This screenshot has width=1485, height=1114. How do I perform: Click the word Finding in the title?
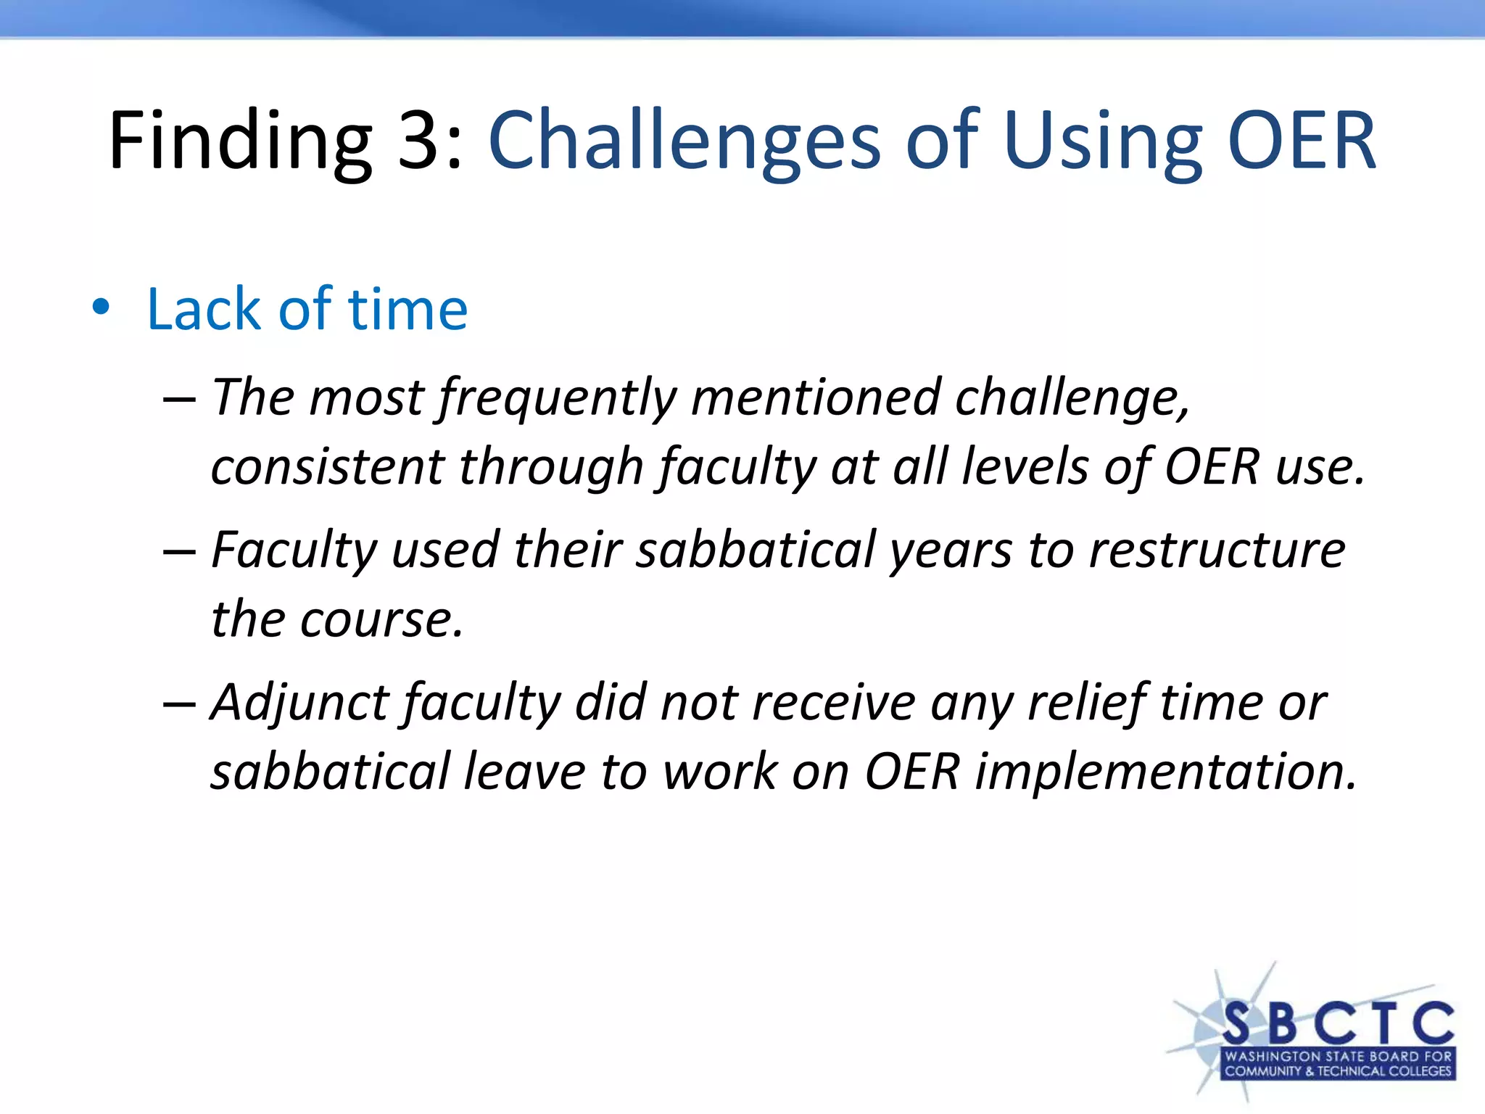(239, 141)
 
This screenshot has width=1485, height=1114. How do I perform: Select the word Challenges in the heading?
(684, 141)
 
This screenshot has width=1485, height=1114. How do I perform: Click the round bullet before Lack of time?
(101, 308)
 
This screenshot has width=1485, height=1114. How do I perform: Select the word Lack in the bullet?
(204, 309)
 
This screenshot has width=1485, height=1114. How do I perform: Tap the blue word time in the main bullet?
(408, 309)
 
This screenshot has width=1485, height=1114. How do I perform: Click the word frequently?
(558, 399)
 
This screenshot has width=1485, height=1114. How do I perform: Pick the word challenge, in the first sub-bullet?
(1072, 399)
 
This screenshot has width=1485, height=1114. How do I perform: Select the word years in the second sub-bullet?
(951, 550)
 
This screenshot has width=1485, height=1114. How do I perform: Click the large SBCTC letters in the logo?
(1338, 1023)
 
